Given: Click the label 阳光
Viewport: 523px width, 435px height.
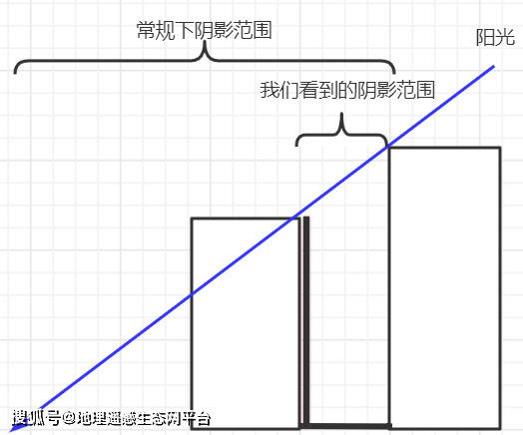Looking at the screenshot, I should pos(495,39).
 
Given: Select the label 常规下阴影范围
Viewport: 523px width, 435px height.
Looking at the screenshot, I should pos(204,30).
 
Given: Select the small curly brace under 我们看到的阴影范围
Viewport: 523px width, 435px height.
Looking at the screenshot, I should pos(342,131).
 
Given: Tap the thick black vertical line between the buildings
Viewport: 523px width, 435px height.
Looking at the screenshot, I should pos(306,319).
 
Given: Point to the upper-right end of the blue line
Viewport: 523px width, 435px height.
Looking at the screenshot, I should pos(494,67).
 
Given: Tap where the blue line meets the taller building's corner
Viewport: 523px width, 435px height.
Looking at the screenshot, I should pos(389,148).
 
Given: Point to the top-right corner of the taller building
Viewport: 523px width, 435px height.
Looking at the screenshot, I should pos(499,148).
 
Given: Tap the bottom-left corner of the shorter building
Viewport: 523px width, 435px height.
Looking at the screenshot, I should pos(192,426).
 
